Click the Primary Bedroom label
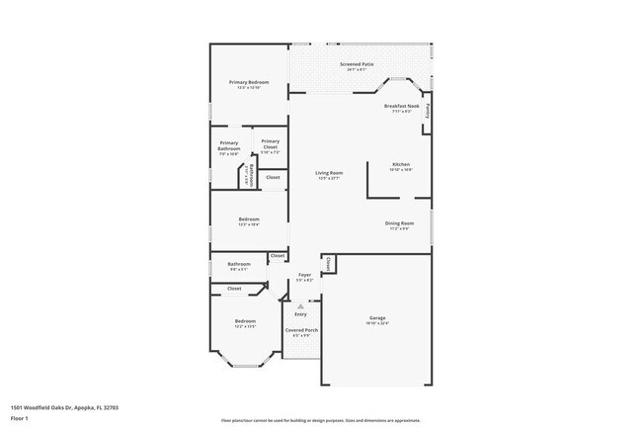coord(249,82)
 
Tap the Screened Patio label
coord(357,65)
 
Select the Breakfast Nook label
coord(401,106)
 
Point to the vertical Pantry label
coord(428,112)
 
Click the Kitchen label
coord(400,164)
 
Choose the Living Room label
coord(328,173)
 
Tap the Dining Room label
coord(399,223)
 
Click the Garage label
coord(378,318)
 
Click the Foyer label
coord(305,276)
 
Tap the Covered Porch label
coord(301,330)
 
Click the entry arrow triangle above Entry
coord(301,305)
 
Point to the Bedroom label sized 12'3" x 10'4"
coord(248,219)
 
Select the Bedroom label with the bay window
coord(245,321)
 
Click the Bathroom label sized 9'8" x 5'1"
coord(239,264)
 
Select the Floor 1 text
coord(20,416)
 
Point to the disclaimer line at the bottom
coord(321,420)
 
